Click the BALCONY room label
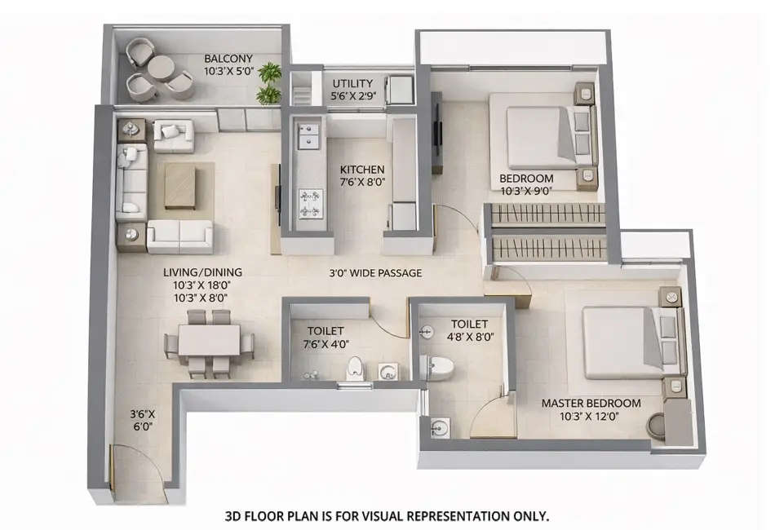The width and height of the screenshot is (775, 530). (228, 59)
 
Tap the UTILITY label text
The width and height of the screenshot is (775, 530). (352, 83)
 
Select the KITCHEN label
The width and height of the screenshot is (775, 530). (361, 170)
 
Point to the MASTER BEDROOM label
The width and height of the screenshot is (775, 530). (591, 403)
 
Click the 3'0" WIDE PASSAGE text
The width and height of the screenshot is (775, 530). (375, 272)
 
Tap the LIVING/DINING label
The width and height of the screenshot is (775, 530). (201, 272)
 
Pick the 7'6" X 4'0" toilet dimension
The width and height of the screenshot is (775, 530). (325, 342)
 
